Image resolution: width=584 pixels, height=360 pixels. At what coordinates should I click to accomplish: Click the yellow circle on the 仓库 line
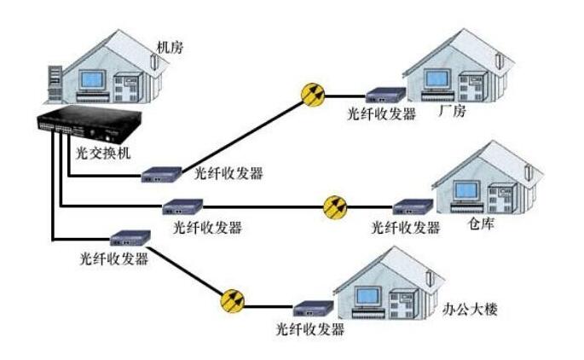pos(336,206)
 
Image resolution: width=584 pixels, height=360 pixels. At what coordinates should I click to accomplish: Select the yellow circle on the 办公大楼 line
pos(232,300)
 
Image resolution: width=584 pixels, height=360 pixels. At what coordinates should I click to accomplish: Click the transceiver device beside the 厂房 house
pos(383,96)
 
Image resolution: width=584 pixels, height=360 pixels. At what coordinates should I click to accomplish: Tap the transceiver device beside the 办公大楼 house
pos(311,308)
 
